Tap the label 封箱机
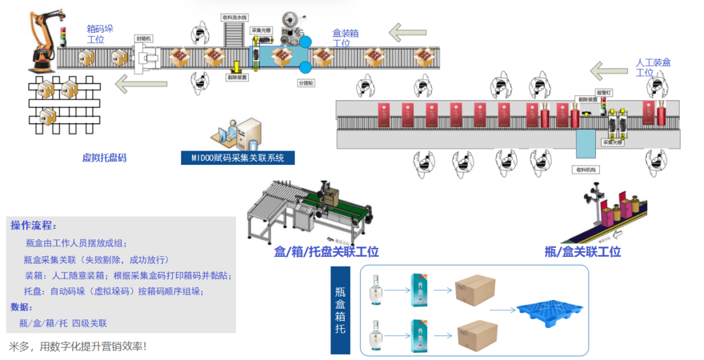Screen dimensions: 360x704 point(143,38)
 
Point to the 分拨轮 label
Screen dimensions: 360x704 point(306,83)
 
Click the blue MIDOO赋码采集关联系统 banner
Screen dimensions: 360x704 point(237,158)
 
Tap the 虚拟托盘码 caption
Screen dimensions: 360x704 point(104,157)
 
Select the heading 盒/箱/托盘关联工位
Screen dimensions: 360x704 point(326,252)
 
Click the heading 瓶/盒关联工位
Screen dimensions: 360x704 point(583,252)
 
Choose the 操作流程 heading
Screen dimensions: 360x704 point(33,226)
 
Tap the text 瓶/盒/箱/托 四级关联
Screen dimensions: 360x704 point(63,323)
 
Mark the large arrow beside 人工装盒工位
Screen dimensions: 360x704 point(611,70)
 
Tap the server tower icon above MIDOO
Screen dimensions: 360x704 point(248,134)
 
